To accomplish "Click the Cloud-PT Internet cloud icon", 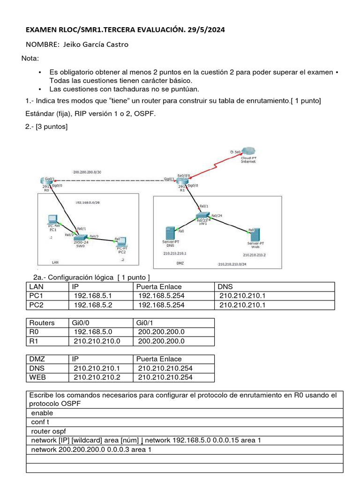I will tap(248, 151).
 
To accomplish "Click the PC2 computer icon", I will tap(121, 241).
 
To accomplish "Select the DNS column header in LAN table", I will tap(225, 286).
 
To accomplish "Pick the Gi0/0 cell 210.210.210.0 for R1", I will tap(97, 341).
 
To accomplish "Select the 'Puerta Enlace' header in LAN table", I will tap(159, 286).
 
